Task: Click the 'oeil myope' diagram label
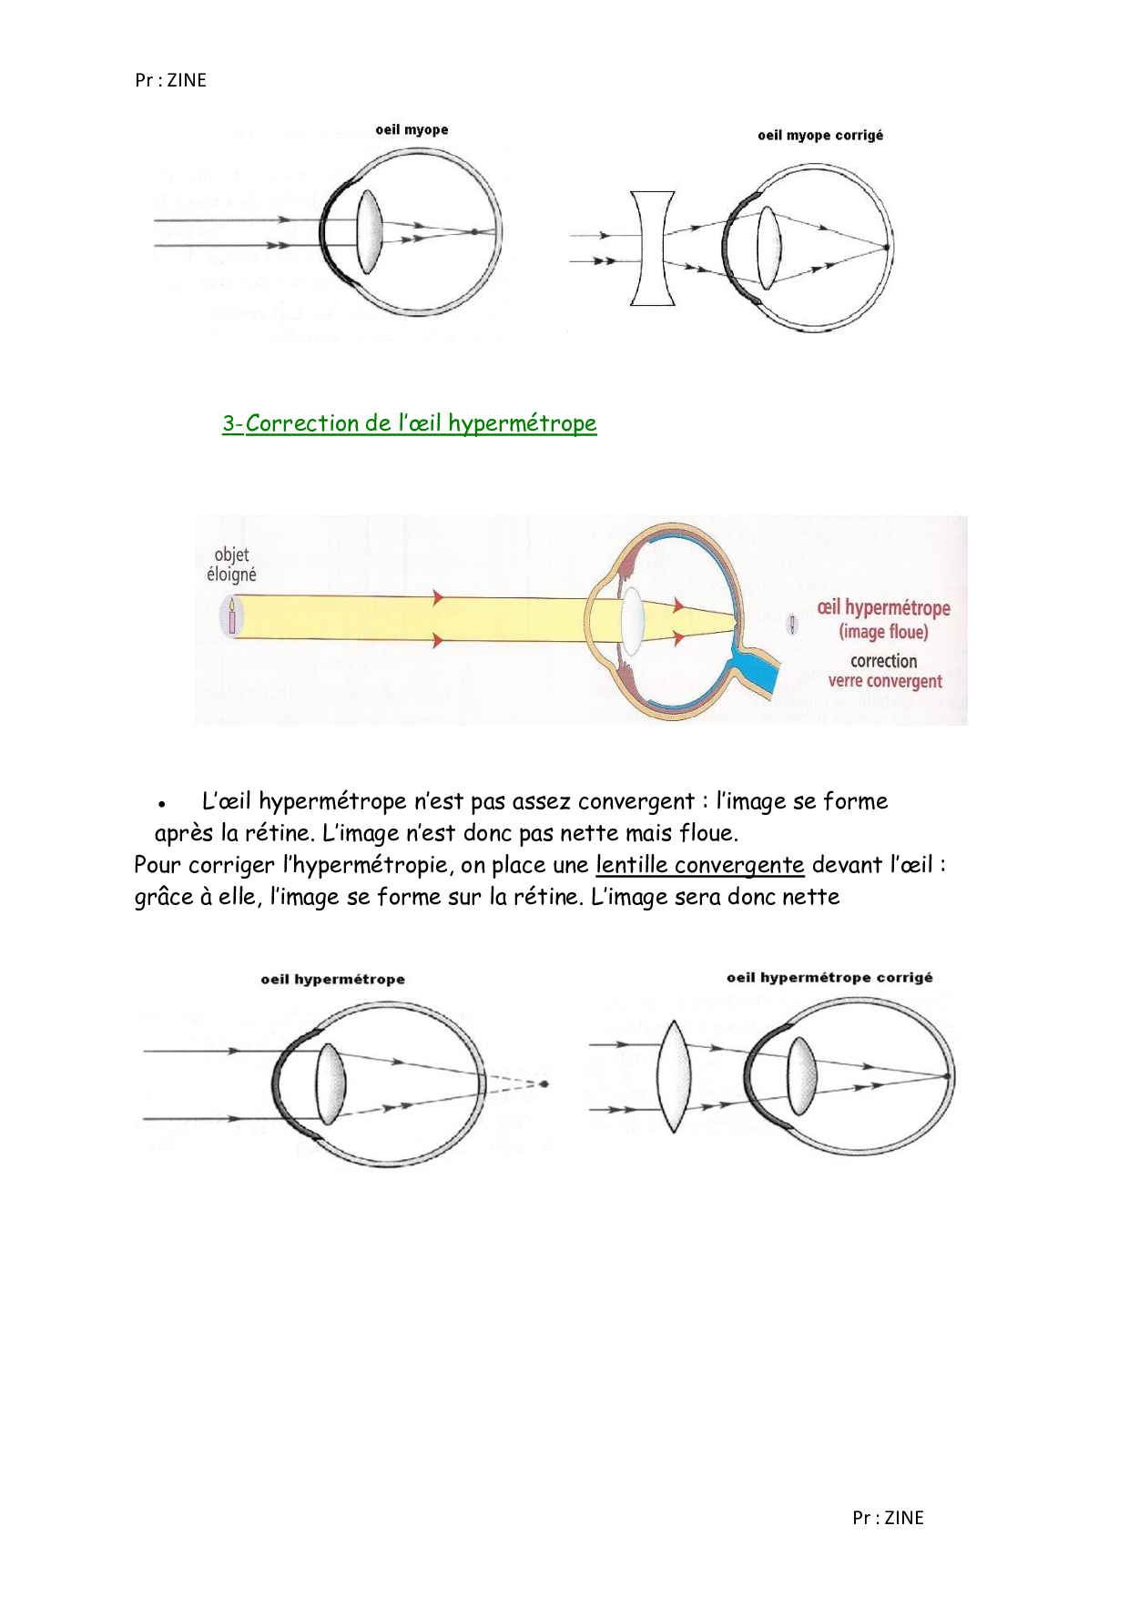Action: tap(412, 130)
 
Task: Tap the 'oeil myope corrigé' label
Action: tap(820, 136)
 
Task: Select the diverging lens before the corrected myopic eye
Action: tap(653, 249)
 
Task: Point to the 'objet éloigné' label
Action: tap(231, 565)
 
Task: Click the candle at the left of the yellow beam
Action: tap(232, 616)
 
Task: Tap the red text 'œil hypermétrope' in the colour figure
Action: tap(883, 608)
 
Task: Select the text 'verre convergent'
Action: tap(885, 681)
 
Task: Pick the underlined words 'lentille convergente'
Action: tap(699, 865)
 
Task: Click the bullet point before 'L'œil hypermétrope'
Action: tap(161, 804)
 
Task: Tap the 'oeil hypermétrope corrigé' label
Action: tap(829, 978)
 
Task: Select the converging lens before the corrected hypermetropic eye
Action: tap(673, 1076)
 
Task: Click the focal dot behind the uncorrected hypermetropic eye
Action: tap(544, 1083)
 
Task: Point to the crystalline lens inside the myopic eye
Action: tap(369, 232)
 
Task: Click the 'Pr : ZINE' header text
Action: tap(170, 80)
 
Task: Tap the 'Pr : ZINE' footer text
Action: tap(888, 1518)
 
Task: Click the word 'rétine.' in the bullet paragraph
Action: tap(280, 834)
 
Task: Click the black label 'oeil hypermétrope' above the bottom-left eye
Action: tap(332, 980)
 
